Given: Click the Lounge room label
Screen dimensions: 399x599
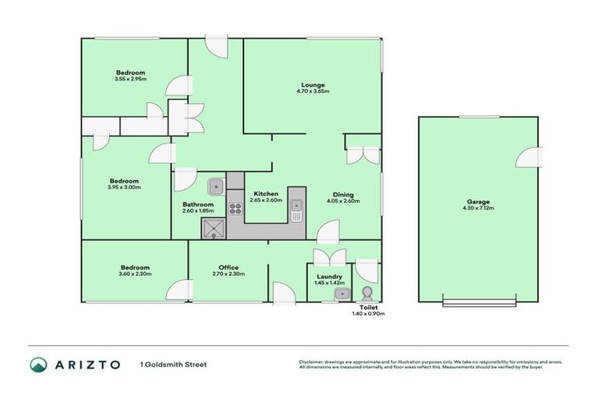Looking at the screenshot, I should (x=314, y=84).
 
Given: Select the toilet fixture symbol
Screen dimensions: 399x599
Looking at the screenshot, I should (x=367, y=295).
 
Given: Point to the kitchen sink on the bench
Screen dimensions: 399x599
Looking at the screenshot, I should (x=296, y=207).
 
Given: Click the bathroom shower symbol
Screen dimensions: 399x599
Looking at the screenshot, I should (x=212, y=228).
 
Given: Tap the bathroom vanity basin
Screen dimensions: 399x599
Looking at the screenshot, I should (x=216, y=186).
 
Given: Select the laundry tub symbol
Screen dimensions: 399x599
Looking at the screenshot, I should (x=341, y=294).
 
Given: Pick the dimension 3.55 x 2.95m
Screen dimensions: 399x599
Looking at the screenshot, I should (x=129, y=79).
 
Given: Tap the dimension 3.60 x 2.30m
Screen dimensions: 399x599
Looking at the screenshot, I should (x=134, y=274).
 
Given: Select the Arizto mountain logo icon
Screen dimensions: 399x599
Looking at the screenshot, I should (x=38, y=365).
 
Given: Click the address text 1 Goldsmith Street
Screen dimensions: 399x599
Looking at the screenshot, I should (x=174, y=365).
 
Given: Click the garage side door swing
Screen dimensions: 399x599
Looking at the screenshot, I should (x=528, y=157).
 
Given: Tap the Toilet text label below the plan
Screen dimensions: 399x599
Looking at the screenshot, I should (x=367, y=308).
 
